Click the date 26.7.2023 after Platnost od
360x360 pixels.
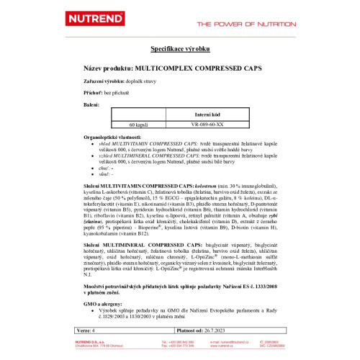coord(203,329)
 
